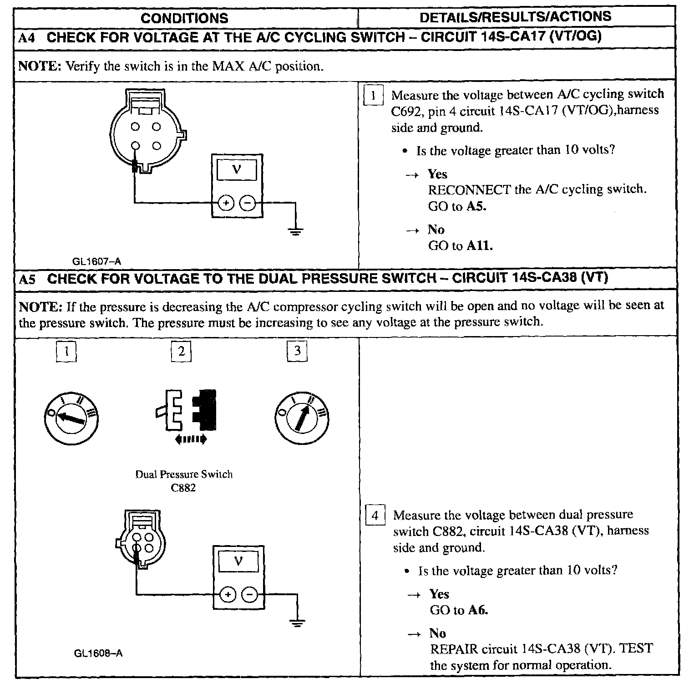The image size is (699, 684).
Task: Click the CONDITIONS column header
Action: click(x=184, y=18)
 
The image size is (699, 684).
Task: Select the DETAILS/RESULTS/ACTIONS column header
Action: click(x=515, y=17)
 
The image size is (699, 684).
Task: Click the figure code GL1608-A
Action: click(x=98, y=653)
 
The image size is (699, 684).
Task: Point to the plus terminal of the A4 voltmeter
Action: click(x=226, y=203)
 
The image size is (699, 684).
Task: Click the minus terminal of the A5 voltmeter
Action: click(x=249, y=595)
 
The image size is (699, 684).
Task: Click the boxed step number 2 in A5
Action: click(x=182, y=352)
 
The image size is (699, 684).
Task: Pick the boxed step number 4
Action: click(x=375, y=516)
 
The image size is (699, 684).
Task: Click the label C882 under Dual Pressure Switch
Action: click(x=184, y=489)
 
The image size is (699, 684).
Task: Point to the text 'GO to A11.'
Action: click(x=461, y=246)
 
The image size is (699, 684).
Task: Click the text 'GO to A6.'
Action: click(x=459, y=610)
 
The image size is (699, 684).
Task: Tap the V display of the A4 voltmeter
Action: click(x=237, y=170)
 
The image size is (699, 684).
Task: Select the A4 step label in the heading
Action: click(x=27, y=38)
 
